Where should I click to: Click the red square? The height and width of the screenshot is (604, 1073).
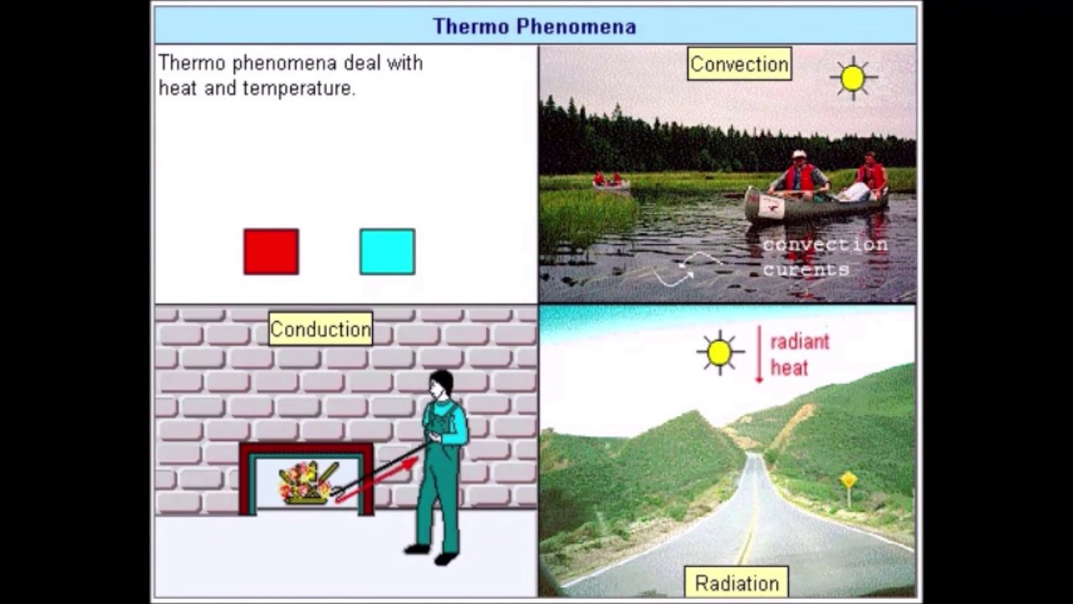pyautogui.click(x=271, y=252)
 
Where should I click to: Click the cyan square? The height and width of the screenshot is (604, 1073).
pyautogui.click(x=386, y=252)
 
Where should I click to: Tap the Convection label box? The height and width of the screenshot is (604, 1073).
pyautogui.click(x=739, y=65)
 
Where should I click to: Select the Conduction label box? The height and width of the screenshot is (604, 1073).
pyautogui.click(x=320, y=329)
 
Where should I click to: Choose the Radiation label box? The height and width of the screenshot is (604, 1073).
pyautogui.click(x=737, y=583)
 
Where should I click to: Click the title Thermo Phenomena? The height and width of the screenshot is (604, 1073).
pyautogui.click(x=534, y=26)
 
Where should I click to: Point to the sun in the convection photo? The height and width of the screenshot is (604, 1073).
pyautogui.click(x=853, y=78)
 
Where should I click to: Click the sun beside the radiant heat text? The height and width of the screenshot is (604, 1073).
pyautogui.click(x=719, y=352)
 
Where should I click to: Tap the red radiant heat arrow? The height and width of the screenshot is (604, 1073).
pyautogui.click(x=759, y=354)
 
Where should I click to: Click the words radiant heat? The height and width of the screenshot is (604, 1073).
pyautogui.click(x=799, y=354)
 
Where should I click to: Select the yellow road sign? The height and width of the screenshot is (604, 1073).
pyautogui.click(x=849, y=480)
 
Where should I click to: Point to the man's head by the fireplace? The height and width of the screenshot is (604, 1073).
pyautogui.click(x=440, y=385)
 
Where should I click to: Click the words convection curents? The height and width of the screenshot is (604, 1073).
pyautogui.click(x=824, y=257)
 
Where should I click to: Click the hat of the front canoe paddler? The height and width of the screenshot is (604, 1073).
pyautogui.click(x=799, y=155)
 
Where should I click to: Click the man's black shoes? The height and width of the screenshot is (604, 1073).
pyautogui.click(x=433, y=554)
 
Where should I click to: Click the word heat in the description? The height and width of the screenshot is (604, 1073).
pyautogui.click(x=177, y=88)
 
